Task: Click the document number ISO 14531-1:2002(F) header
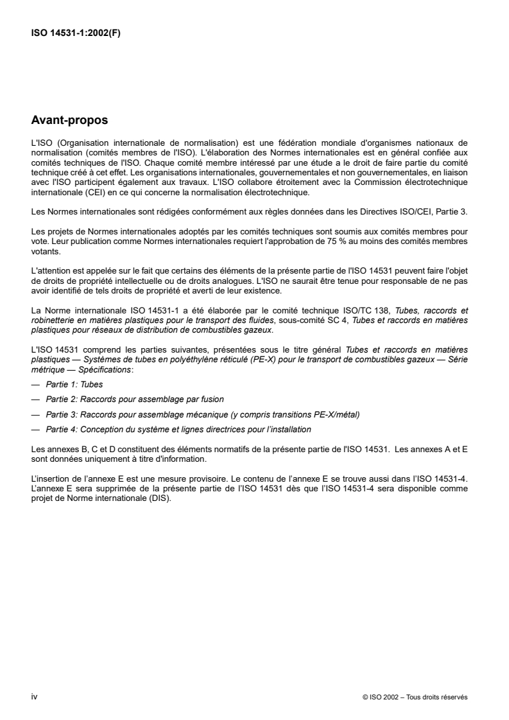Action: pos(76,35)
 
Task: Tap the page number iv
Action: pos(35,696)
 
